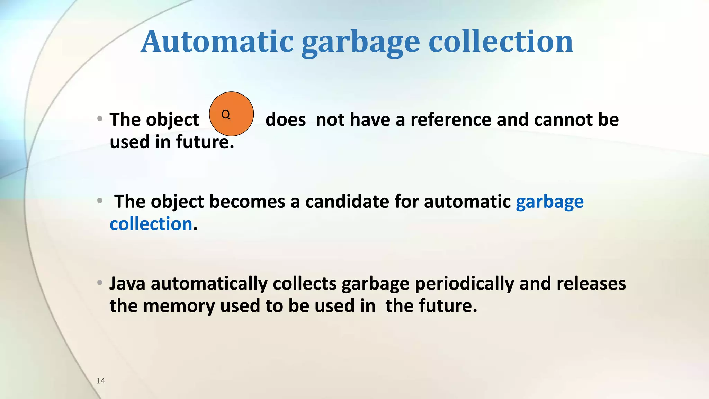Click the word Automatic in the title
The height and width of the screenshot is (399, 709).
tap(217, 42)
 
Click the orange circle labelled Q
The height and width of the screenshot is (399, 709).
tap(232, 114)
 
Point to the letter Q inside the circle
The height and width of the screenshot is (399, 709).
tap(226, 114)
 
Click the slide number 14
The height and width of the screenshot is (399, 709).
tap(101, 381)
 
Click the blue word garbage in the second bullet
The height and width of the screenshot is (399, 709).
tap(549, 202)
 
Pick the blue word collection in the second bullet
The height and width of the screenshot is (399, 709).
tap(151, 224)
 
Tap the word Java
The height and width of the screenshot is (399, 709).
tap(127, 283)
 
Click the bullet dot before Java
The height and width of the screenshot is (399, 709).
tap(100, 283)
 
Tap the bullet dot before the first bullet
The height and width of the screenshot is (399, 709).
tap(100, 119)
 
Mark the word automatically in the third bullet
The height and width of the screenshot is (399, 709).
tap(209, 284)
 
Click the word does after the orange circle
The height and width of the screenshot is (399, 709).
tap(286, 119)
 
